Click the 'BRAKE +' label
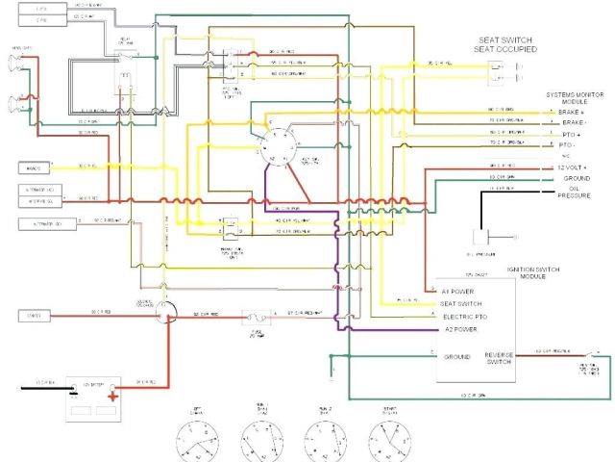click(571, 113)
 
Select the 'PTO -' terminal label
click(568, 143)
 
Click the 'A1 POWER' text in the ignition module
click(459, 290)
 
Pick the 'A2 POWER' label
click(459, 329)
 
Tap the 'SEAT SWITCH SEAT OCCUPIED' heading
click(506, 44)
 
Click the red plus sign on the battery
click(113, 395)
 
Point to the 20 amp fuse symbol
click(254, 314)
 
